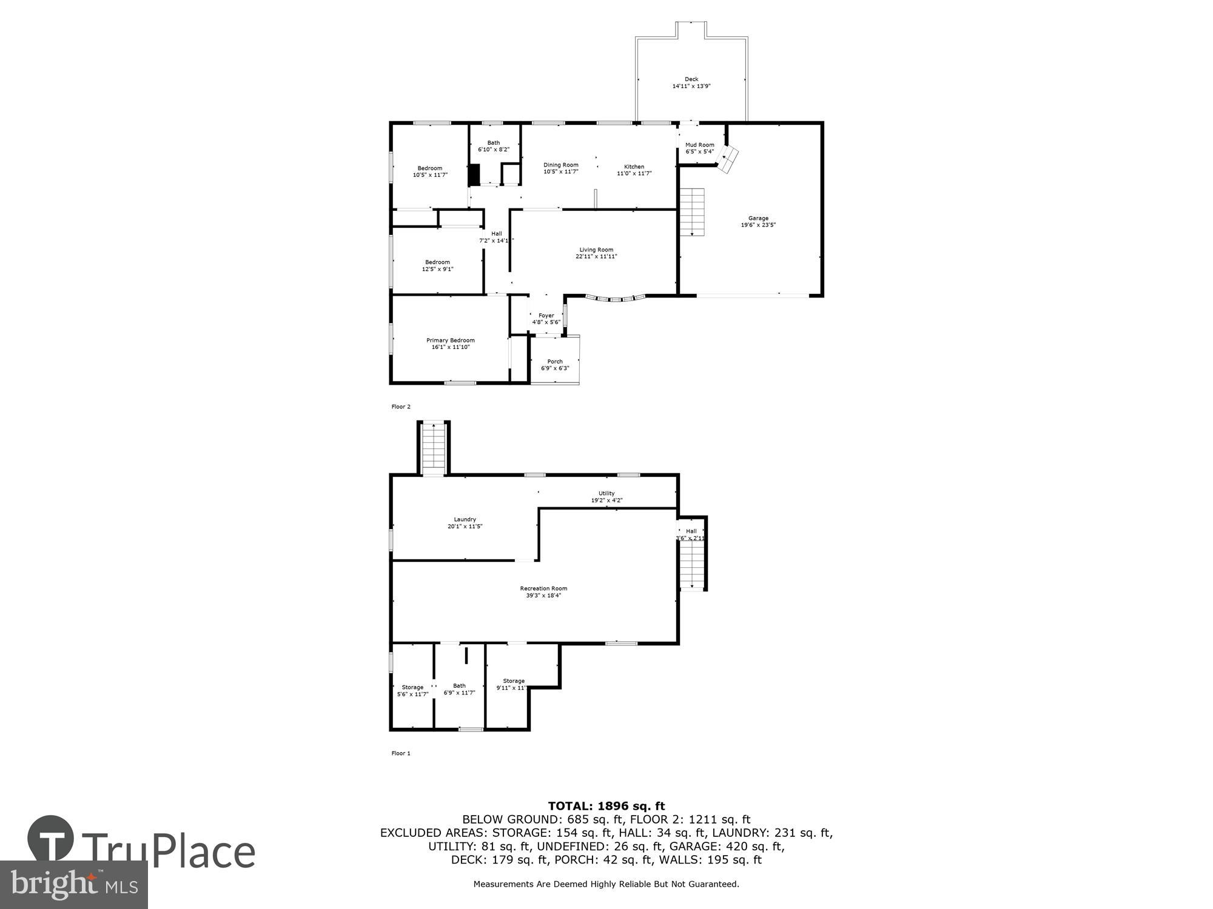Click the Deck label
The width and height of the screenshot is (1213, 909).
click(x=691, y=79)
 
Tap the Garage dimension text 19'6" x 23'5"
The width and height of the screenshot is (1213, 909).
click(x=758, y=225)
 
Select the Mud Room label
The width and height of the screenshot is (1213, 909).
click(x=699, y=145)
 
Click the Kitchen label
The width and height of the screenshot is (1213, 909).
click(x=634, y=167)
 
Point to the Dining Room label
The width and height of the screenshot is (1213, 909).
click(x=560, y=165)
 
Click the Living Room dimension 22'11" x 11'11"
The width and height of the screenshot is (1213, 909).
click(x=596, y=256)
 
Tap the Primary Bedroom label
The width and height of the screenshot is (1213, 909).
click(x=450, y=340)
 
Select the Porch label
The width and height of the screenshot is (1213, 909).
click(x=555, y=361)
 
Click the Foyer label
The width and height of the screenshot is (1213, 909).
click(x=546, y=315)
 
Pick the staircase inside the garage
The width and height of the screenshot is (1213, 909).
click(x=692, y=212)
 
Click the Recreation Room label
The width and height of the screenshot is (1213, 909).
click(x=543, y=588)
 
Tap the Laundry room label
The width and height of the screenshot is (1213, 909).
click(x=465, y=519)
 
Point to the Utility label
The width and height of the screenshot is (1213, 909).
click(x=606, y=493)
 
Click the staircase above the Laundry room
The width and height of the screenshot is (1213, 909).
click(x=434, y=450)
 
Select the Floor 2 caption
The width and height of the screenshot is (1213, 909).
click(x=401, y=407)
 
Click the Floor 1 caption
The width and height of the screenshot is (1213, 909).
click(x=401, y=753)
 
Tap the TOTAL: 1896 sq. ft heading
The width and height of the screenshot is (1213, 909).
click(x=606, y=806)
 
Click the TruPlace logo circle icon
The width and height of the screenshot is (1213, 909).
click(x=50, y=839)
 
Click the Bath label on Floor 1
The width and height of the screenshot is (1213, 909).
click(x=459, y=686)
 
